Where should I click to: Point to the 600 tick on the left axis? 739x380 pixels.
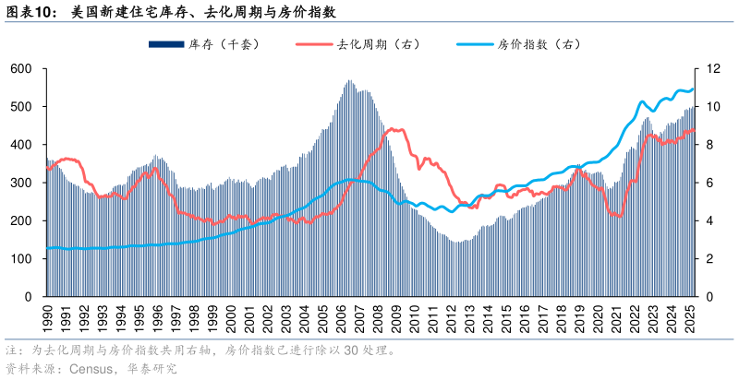pos(21,69)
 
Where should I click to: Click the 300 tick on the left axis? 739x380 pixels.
pos(21,184)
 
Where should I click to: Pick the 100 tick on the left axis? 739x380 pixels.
pos(21,259)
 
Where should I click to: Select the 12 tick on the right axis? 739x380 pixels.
pos(712,69)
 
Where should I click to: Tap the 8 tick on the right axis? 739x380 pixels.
pos(709,145)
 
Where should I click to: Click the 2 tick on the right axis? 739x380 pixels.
pos(709,259)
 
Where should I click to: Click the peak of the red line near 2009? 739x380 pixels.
pos(392,129)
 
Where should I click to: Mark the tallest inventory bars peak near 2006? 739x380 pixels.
pos(349,81)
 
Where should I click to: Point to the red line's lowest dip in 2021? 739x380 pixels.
pos(618,217)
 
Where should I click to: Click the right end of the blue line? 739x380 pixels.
pos(693,89)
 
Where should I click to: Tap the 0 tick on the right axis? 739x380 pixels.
pos(709,298)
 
